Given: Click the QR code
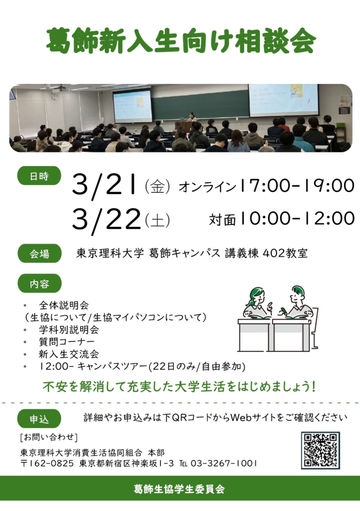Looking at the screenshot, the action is (320, 451).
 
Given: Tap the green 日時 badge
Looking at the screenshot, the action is (39, 176).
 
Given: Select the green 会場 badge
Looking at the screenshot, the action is (39, 253).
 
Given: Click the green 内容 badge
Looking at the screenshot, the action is (39, 283).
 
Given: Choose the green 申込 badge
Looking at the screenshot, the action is (39, 419).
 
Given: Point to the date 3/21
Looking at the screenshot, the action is (104, 186).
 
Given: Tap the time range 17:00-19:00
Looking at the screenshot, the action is (297, 186).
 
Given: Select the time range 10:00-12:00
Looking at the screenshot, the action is (297, 218).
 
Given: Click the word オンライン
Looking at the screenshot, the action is (207, 187).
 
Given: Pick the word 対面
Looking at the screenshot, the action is (222, 220).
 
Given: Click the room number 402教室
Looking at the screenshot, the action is (285, 253).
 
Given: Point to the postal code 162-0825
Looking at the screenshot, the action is (51, 463).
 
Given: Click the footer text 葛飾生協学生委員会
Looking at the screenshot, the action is (179, 489).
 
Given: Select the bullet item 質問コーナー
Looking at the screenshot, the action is (66, 341).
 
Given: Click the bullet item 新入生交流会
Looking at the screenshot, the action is (68, 354).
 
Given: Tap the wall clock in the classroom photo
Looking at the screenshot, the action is (55, 96).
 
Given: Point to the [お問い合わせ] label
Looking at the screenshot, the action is (49, 437).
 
